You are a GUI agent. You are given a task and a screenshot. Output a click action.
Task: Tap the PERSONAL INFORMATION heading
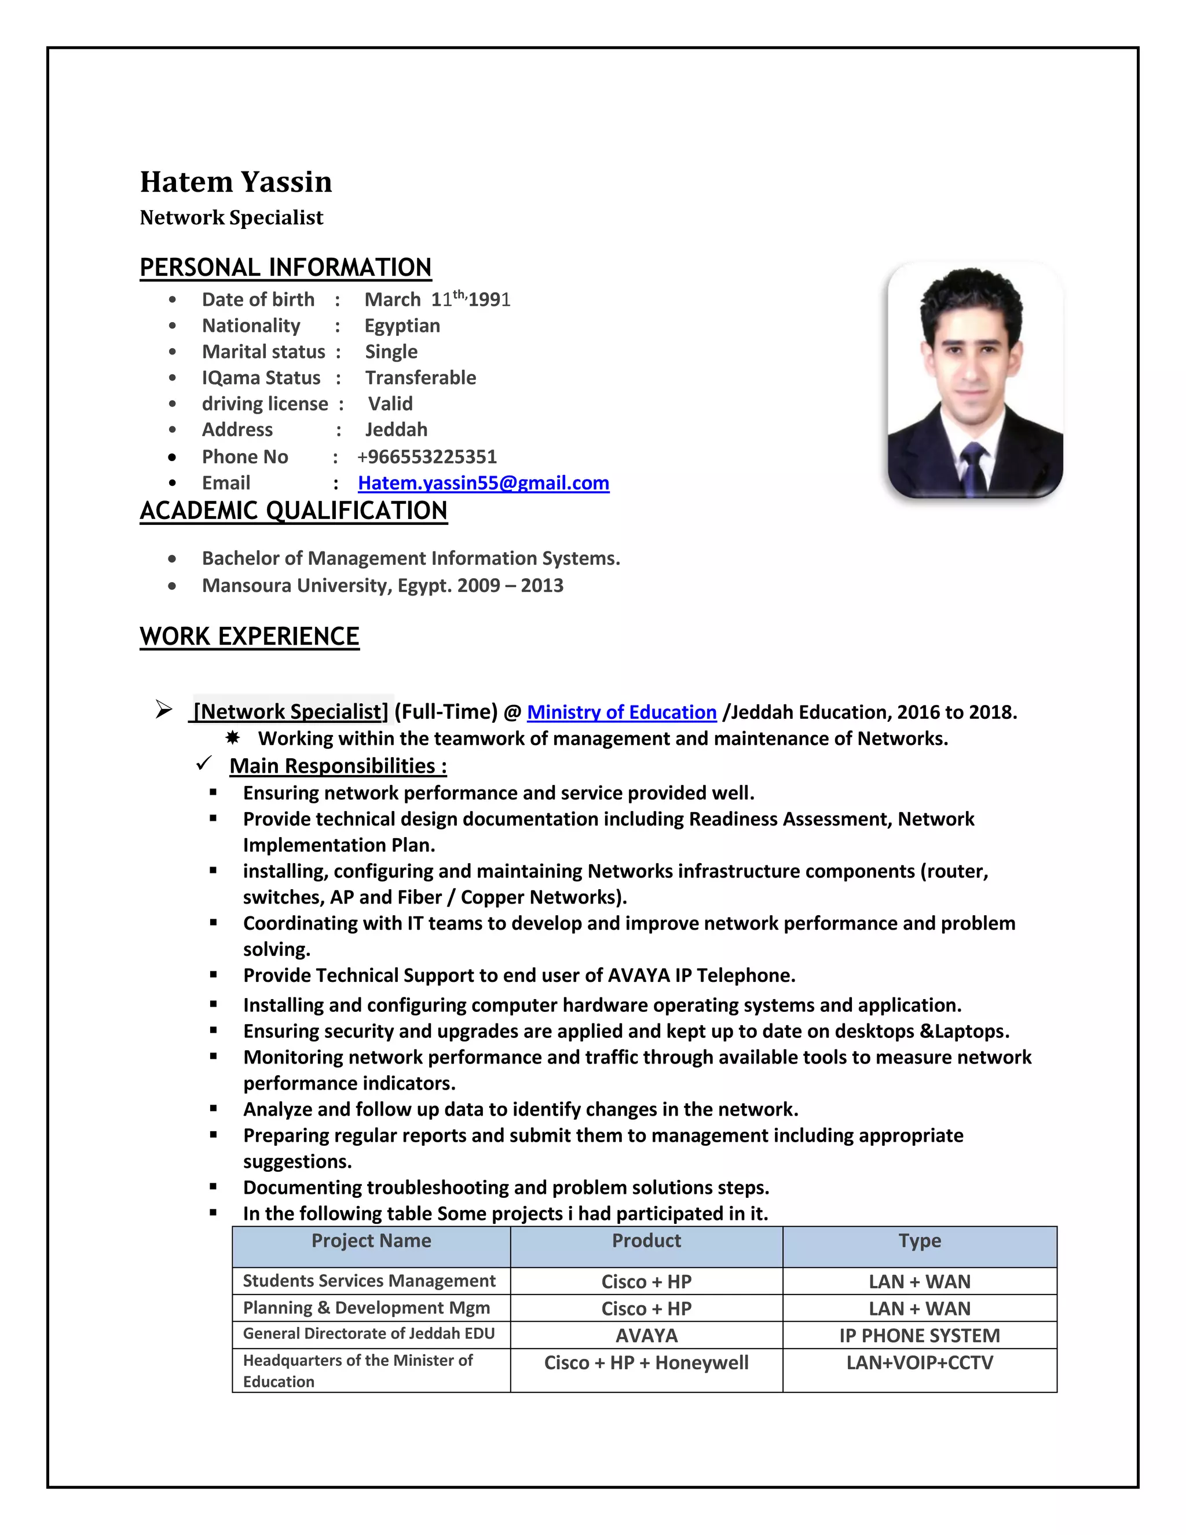tap(285, 268)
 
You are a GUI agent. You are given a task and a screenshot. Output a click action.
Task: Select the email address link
tap(484, 483)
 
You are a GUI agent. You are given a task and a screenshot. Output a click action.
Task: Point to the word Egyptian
tap(402, 326)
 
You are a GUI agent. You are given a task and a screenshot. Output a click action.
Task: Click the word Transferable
tap(420, 378)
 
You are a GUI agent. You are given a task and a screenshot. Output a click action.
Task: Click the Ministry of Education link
tap(621, 712)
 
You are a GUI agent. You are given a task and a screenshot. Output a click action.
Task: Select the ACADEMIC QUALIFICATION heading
tap(293, 511)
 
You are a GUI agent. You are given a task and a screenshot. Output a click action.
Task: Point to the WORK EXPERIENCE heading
tap(250, 637)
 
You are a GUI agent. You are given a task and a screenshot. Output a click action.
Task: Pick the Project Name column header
tap(371, 1241)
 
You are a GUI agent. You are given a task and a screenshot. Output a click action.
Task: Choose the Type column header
tap(919, 1241)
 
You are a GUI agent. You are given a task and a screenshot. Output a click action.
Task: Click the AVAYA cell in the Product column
tap(646, 1335)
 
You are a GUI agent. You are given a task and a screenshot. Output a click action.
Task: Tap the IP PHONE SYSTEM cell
tap(919, 1335)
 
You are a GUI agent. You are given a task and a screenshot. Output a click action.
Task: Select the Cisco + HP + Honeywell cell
tap(646, 1363)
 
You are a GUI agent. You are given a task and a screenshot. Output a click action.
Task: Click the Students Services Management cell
tap(369, 1281)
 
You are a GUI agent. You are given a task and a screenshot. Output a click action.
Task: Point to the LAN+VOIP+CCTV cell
tap(919, 1363)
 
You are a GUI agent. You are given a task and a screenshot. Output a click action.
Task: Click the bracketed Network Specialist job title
tap(291, 712)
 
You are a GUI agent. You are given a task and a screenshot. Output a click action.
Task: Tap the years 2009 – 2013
tap(510, 586)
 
